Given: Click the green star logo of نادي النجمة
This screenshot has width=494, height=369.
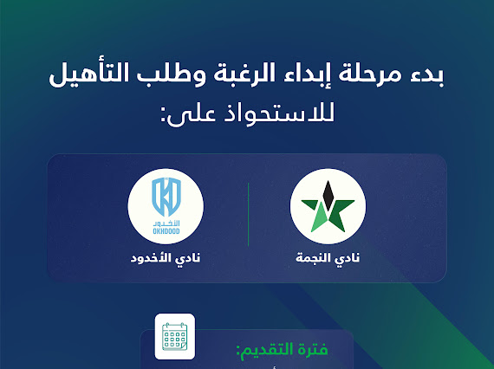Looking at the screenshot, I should point(328,207).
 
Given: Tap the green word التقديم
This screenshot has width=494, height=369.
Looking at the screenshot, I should point(263,352).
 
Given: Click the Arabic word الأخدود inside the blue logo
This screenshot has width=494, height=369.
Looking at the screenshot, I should point(166,222).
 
